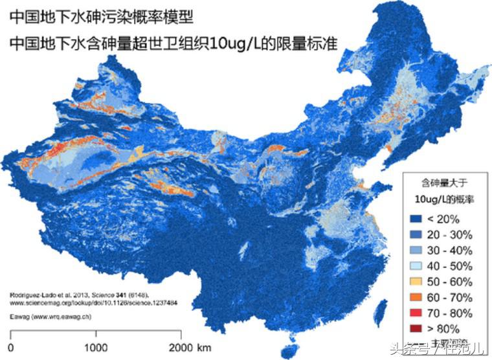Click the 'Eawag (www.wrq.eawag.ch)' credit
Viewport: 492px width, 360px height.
point(43,317)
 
